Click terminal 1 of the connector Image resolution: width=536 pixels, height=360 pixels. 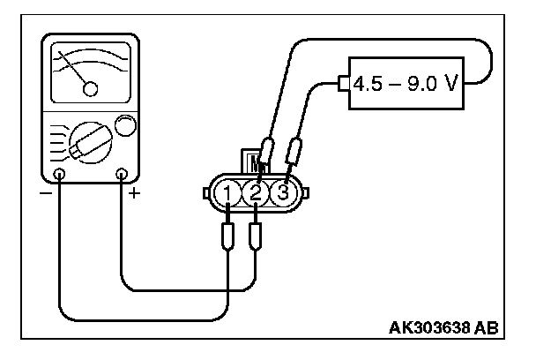[x=228, y=191]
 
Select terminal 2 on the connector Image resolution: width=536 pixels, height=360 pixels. [x=256, y=191]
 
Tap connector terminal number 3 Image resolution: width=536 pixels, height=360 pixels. [x=282, y=191]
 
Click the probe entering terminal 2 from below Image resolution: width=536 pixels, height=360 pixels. [x=256, y=236]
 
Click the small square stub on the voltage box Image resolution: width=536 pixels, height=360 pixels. [x=342, y=84]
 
